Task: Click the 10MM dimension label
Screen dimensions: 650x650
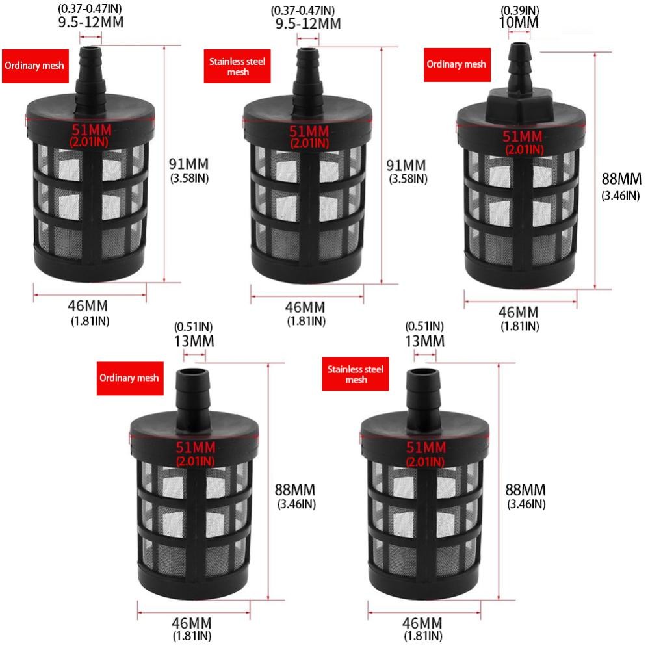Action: point(519,22)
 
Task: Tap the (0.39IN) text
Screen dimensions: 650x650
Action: point(520,10)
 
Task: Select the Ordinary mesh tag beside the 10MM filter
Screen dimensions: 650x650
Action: point(457,64)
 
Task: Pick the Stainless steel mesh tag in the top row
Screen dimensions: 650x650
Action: point(237,66)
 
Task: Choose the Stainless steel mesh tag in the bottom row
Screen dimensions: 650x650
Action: point(356,374)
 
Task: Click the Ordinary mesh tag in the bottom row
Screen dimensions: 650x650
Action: point(130,378)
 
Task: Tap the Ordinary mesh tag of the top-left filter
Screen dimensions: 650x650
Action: point(35,66)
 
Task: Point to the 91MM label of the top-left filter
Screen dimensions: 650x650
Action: point(188,164)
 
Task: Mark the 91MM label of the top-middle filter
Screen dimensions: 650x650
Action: point(406,165)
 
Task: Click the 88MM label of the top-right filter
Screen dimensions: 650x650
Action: point(621,179)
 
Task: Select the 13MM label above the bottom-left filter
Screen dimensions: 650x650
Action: point(194,341)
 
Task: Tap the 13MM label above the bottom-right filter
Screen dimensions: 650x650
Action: point(425,341)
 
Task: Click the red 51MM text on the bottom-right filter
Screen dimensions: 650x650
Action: point(426,448)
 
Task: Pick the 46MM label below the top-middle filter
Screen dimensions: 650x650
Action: point(305,307)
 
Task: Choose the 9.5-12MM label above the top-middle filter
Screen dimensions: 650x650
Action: point(308,23)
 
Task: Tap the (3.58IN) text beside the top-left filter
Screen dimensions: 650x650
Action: point(189,178)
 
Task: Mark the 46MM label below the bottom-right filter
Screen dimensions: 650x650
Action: point(422,623)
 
